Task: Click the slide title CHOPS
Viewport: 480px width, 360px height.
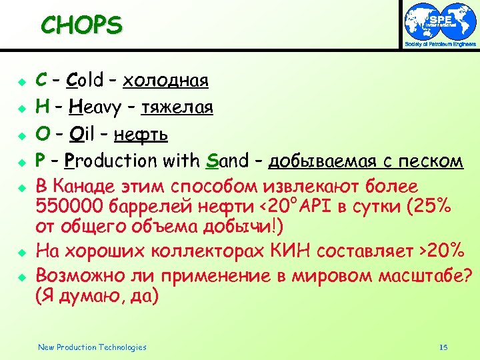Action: (81, 25)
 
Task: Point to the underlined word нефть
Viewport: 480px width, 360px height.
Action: (141, 134)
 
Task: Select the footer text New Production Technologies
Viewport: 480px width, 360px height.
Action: (92, 347)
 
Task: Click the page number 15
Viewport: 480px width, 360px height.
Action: (443, 347)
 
